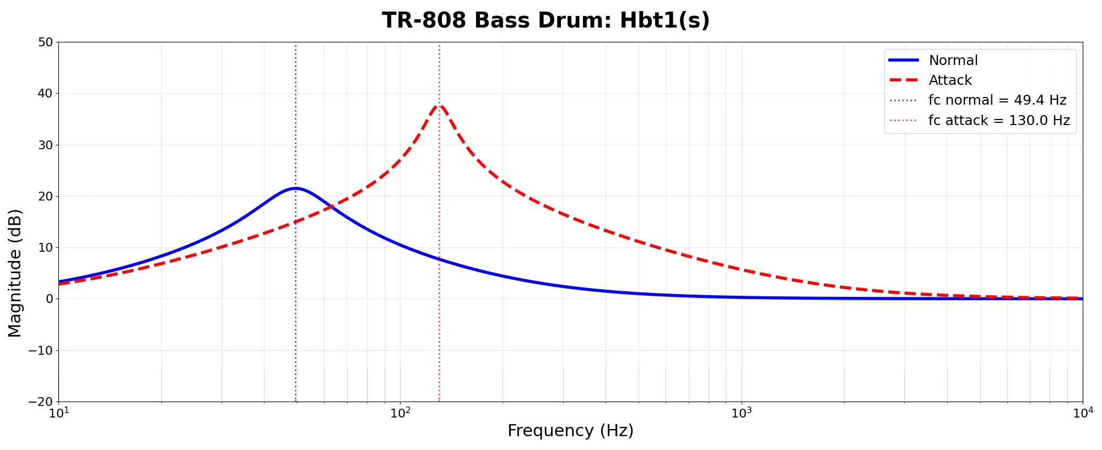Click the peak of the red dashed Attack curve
(x=439, y=105)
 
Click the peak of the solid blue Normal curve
(x=295, y=188)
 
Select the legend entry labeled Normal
(x=953, y=60)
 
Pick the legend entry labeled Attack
(x=950, y=80)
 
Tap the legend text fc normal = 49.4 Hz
(x=997, y=100)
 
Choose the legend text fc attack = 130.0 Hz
(x=998, y=121)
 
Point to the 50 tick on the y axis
(x=46, y=42)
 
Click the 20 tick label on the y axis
(x=46, y=197)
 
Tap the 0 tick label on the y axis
(x=50, y=299)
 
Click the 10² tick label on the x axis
(x=401, y=413)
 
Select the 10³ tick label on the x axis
(x=742, y=413)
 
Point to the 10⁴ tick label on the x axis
(x=1082, y=413)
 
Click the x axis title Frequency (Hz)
(x=570, y=431)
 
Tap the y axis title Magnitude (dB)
(x=15, y=273)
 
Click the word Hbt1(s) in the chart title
(x=665, y=21)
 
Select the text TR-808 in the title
(x=424, y=21)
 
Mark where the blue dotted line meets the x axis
(x=295, y=402)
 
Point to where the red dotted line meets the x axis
(x=439, y=402)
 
